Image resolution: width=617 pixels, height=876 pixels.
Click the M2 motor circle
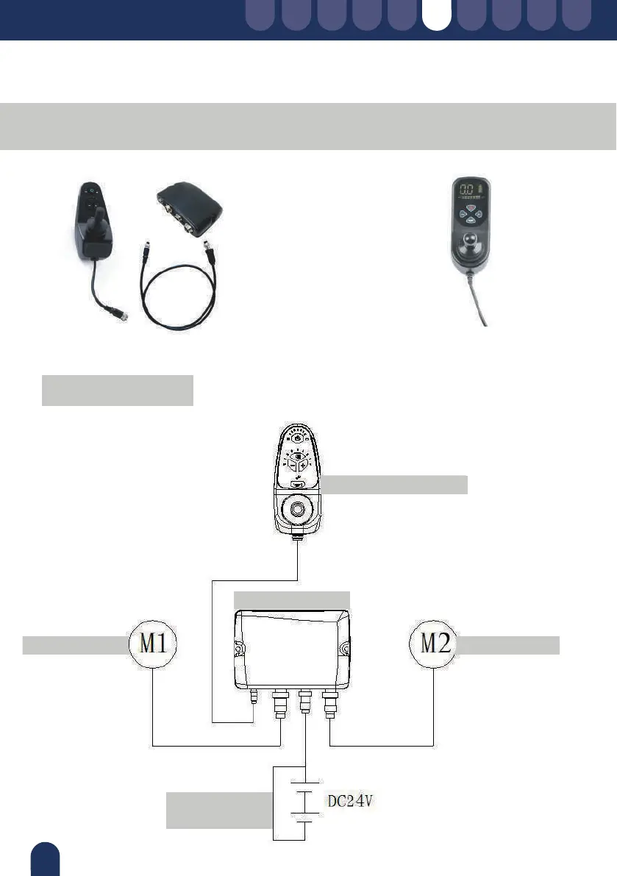[434, 644]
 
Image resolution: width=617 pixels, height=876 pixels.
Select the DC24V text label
[351, 797]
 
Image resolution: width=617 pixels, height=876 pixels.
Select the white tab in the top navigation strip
[437, 15]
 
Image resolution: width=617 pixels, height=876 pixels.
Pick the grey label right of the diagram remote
[395, 485]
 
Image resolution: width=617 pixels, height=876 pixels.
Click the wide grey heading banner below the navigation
[308, 126]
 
